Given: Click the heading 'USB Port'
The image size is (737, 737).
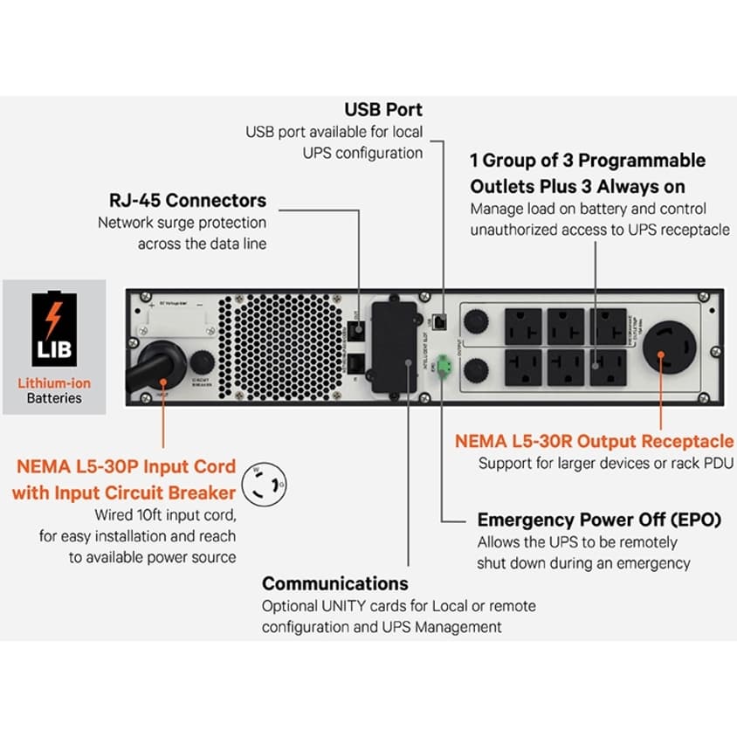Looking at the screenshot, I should coord(383,110).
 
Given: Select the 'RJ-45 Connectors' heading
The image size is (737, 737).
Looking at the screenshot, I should coord(188,200).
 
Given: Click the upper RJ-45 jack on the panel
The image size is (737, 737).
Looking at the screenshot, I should coord(358,329).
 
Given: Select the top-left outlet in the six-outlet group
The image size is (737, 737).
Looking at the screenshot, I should coord(522,325).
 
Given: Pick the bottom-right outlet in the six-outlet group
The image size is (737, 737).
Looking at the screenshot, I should coord(607,369).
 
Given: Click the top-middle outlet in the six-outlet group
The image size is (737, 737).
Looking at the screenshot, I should coord(565,325).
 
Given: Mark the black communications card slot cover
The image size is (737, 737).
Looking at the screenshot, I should coord(395,347).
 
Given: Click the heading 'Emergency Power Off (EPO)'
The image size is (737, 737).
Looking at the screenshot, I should coord(598,520).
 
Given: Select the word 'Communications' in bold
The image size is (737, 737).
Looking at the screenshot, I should coord(334,583).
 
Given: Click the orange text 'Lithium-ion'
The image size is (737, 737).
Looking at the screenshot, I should coord(54,382).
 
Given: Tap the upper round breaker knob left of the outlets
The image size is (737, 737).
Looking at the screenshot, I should coord(475,322).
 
